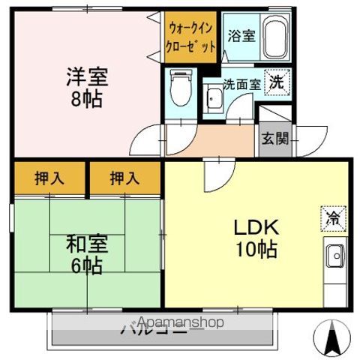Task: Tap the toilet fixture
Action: pyautogui.click(x=181, y=87)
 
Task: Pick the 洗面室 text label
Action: pyautogui.click(x=241, y=84)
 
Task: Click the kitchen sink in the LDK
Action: pyautogui.click(x=335, y=257)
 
